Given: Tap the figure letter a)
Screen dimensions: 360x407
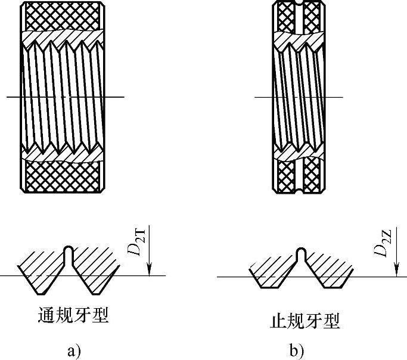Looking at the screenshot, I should [x=73, y=351].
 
